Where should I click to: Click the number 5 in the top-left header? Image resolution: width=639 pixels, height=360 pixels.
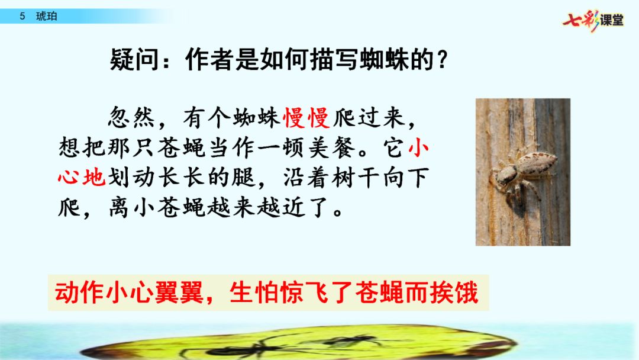22,17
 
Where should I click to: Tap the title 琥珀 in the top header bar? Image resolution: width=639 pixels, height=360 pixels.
47,17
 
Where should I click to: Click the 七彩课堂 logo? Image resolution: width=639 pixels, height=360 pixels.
593,20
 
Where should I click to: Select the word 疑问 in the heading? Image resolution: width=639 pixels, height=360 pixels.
134,60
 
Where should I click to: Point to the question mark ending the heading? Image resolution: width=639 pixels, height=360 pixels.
441,60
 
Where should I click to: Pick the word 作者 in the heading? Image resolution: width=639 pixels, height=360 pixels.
209,60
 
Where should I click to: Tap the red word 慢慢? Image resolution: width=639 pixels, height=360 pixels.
306,118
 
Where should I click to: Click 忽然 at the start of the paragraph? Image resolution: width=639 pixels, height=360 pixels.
131,118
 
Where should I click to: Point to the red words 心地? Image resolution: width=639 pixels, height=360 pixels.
82,178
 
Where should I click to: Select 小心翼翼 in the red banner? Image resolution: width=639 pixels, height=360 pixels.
154,292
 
